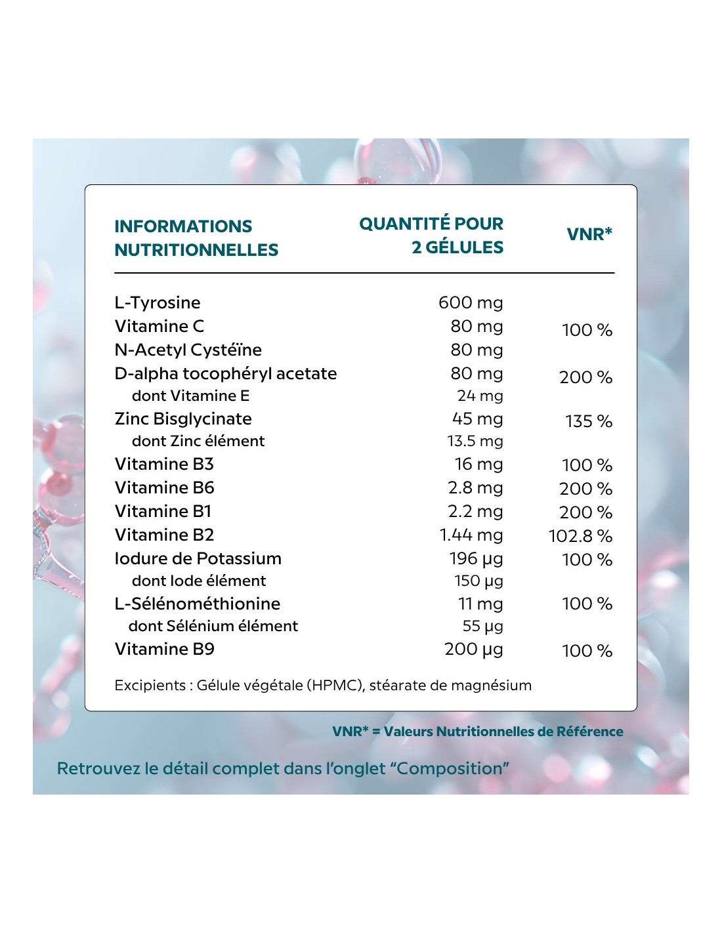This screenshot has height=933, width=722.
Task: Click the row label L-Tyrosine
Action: [158, 302]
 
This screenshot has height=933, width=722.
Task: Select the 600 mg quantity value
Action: [471, 302]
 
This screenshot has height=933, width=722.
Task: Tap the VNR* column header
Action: [589, 234]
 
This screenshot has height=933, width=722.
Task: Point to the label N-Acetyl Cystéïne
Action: [188, 350]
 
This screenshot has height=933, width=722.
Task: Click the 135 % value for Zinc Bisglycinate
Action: [589, 421]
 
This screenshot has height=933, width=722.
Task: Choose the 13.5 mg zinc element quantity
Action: [475, 441]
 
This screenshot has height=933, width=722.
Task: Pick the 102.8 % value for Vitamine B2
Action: [580, 536]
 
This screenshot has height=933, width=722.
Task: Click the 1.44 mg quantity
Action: [471, 535]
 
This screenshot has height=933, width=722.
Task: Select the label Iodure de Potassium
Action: [198, 558]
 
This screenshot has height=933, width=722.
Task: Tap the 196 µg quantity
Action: [476, 558]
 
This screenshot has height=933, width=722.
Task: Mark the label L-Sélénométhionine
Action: [197, 604]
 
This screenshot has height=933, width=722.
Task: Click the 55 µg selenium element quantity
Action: [482, 626]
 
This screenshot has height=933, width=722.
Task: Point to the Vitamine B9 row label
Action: [164, 649]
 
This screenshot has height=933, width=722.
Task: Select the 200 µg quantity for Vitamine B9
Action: [473, 649]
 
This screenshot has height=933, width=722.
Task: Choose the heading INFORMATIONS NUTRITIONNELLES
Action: [196, 238]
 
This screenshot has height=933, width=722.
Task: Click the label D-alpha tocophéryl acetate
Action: [225, 373]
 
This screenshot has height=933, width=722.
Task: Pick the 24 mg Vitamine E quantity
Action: [480, 396]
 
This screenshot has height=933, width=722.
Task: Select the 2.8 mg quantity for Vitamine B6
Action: [475, 487]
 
